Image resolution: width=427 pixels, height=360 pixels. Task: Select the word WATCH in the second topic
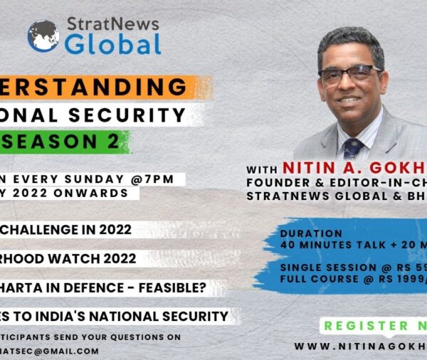click(85, 260)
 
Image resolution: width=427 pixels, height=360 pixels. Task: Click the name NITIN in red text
click(308, 168)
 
